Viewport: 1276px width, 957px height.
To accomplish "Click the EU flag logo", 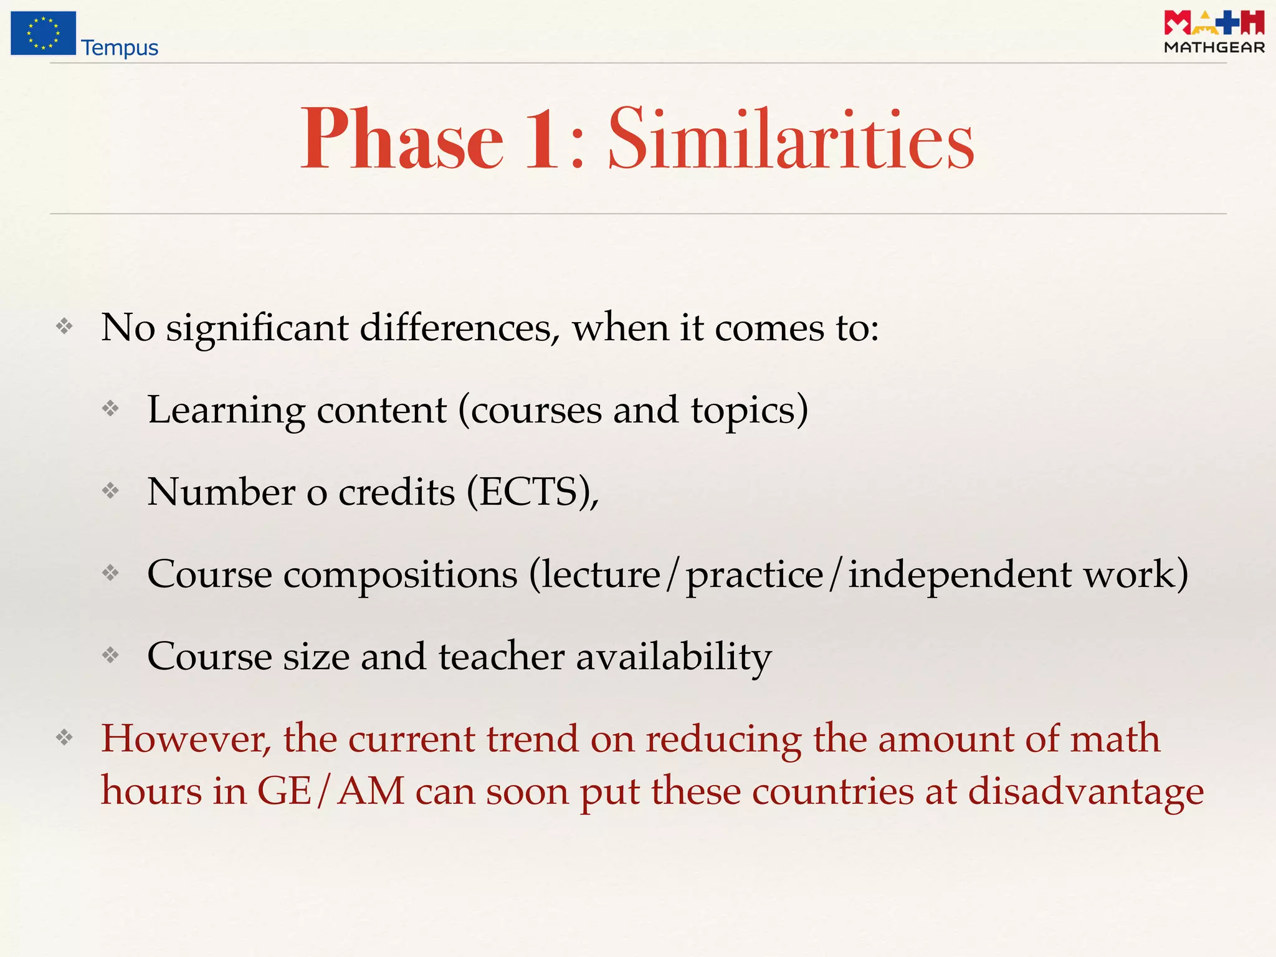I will pos(43,33).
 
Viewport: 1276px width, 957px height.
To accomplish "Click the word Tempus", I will pos(120,48).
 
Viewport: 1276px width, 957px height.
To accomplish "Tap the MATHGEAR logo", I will pos(1214,32).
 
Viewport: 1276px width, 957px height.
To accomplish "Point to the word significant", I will pos(257,328).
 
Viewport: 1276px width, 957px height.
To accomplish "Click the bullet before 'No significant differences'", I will pos(64,326).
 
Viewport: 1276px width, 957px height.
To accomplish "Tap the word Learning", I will pos(226,411).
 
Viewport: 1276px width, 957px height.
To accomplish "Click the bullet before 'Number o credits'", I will pos(110,491).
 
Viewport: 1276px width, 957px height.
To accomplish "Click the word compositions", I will pos(401,574).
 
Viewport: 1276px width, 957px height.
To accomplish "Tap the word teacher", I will pos(502,656).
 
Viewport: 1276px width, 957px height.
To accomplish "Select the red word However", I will pos(186,739).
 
